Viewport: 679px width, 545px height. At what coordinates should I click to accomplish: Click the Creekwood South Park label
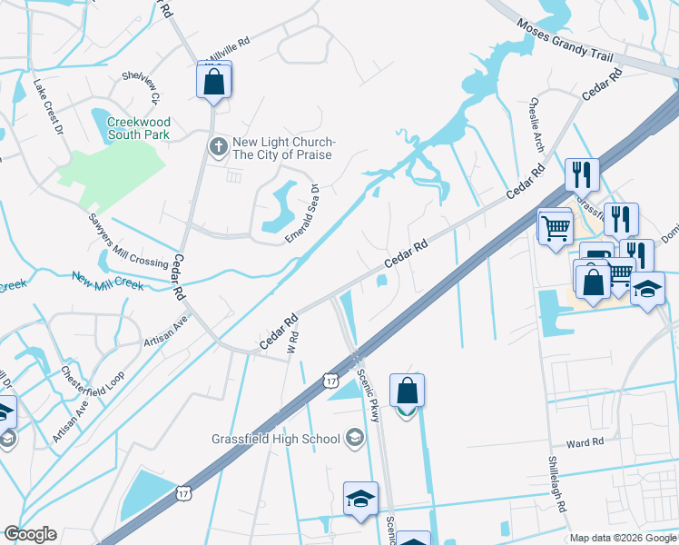click(x=139, y=128)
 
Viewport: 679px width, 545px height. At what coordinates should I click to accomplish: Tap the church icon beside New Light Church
click(x=218, y=147)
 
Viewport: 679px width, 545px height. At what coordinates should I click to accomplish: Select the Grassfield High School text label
click(x=275, y=439)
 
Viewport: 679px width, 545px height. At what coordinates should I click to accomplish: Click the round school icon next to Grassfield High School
click(x=354, y=439)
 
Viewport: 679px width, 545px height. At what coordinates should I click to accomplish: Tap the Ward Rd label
click(x=585, y=443)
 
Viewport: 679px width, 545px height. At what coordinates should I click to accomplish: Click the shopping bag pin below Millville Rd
click(x=213, y=81)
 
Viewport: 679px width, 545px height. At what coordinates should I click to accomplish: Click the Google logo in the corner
click(x=31, y=534)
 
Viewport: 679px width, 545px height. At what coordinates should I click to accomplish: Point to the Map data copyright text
click(x=623, y=538)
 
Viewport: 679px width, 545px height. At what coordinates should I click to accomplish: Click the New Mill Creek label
click(x=107, y=282)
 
